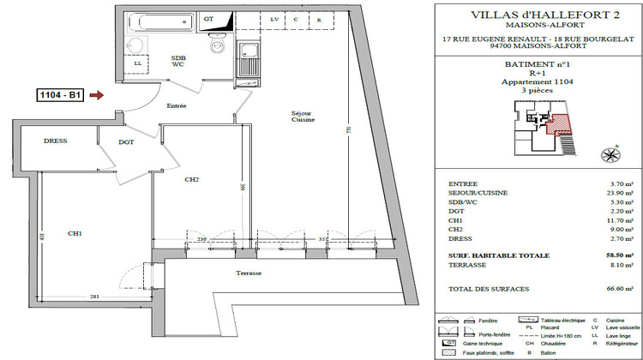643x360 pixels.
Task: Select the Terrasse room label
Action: pyautogui.click(x=249, y=273)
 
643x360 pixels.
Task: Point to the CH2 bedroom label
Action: pyautogui.click(x=191, y=180)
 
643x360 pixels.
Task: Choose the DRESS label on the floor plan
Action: pyautogui.click(x=56, y=141)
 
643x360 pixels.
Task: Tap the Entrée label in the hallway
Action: pyautogui.click(x=177, y=105)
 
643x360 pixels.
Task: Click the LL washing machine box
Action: pyautogui.click(x=137, y=63)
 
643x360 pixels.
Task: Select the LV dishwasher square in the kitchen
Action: pyautogui.click(x=274, y=19)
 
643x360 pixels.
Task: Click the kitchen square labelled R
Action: pyautogui.click(x=319, y=19)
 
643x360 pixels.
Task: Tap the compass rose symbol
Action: pyautogui.click(x=610, y=155)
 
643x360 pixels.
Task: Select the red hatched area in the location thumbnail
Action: pyautogui.click(x=558, y=123)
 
